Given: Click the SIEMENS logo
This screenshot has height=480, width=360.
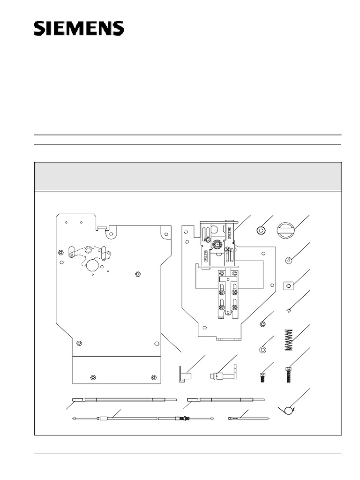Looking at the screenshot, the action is click(79, 28).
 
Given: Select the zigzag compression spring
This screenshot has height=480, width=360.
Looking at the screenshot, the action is click(289, 340).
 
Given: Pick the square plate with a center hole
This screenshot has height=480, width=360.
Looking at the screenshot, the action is click(289, 285).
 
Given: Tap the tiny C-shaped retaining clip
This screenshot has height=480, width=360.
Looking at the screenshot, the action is click(289, 312).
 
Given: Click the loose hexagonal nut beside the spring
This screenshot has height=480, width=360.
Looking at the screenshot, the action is click(262, 323).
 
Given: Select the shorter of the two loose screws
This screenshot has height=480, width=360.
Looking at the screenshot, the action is click(262, 377).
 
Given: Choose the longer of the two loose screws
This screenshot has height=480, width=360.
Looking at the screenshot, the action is click(288, 375).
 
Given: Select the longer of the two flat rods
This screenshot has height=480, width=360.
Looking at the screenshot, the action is click(124, 399).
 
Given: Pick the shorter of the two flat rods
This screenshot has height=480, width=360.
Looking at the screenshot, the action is click(225, 399).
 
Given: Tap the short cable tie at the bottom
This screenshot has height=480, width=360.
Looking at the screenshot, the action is click(249, 418).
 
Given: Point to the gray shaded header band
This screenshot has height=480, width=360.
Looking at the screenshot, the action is click(188, 177).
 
